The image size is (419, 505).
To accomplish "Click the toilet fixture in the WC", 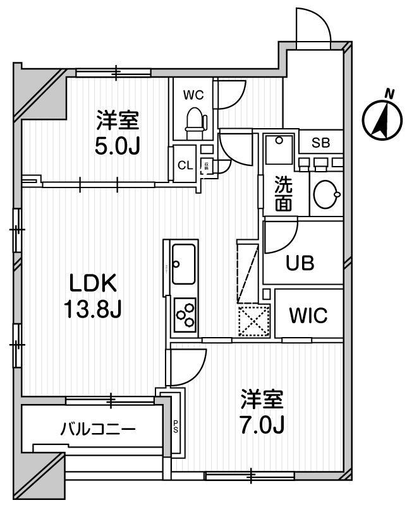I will (195, 121).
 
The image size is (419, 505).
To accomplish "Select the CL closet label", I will (185, 166).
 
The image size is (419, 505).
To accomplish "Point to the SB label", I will (320, 143).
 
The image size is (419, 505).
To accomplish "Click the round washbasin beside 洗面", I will (325, 193).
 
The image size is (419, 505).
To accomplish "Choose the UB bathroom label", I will (300, 262).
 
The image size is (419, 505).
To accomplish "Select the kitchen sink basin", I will (184, 262).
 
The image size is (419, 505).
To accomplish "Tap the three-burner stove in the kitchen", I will (185, 314).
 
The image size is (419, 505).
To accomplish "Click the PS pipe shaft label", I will (176, 427).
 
